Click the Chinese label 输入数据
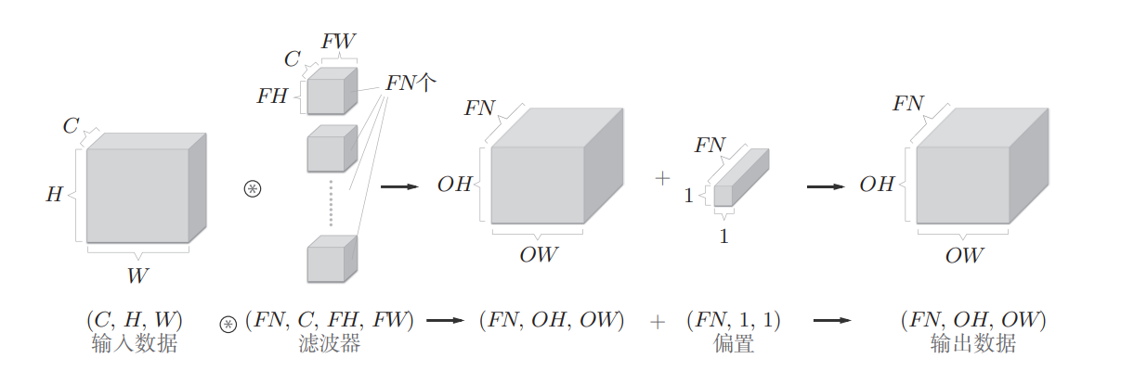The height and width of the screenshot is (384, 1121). pyautogui.click(x=135, y=344)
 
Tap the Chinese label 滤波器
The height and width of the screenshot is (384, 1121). pyautogui.click(x=329, y=344)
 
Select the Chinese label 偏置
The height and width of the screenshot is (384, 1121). pyautogui.click(x=733, y=344)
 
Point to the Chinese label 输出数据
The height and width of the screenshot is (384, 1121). pyautogui.click(x=972, y=344)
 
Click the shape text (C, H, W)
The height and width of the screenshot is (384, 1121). pyautogui.click(x=135, y=321)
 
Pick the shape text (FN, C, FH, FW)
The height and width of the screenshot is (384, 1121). pyautogui.click(x=329, y=321)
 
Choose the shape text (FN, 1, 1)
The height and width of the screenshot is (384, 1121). pyautogui.click(x=733, y=321)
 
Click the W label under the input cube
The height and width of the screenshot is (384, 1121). pyautogui.click(x=137, y=274)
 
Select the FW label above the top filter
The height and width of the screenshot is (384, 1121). pyautogui.click(x=338, y=41)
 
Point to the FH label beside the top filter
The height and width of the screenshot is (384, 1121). pyautogui.click(x=272, y=96)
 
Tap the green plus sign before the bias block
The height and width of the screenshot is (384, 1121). pyautogui.click(x=662, y=179)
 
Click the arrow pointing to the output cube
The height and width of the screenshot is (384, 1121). pyautogui.click(x=826, y=186)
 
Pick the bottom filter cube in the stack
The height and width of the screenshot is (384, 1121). pyautogui.click(x=331, y=260)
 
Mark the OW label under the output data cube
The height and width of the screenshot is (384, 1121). pyautogui.click(x=964, y=254)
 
